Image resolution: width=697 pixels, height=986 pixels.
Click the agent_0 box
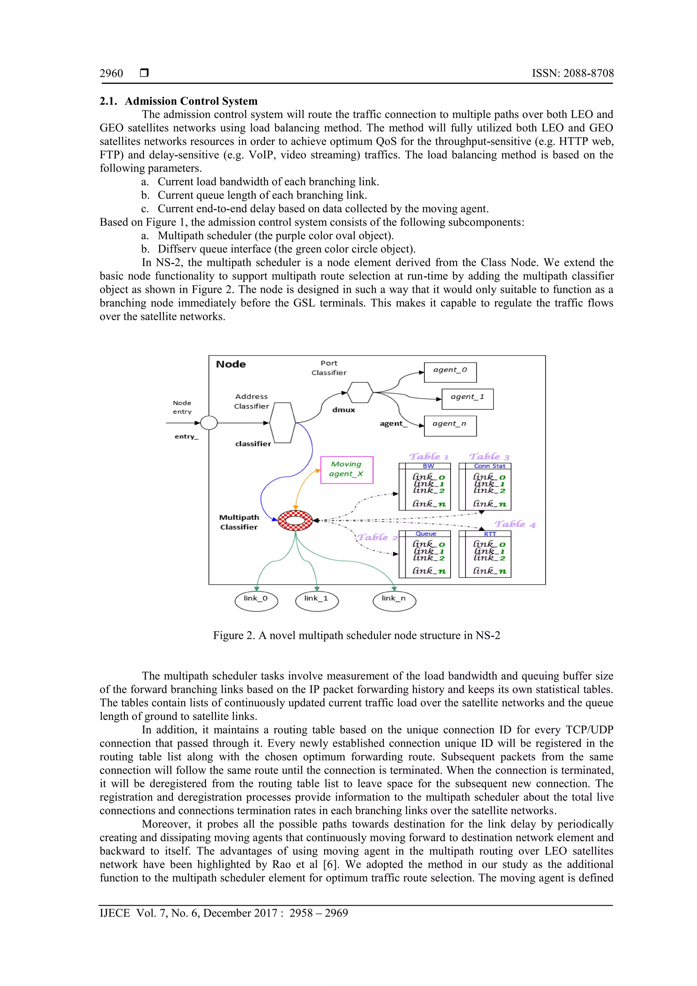pos(450,372)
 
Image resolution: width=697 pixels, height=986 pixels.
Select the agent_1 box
pos(467,399)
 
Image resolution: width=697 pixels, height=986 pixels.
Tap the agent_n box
pos(450,425)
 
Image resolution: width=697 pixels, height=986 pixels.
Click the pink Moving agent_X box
pos(346,469)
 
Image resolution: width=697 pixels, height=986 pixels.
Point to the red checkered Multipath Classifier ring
pos(295,520)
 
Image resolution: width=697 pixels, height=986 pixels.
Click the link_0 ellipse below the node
pos(256,600)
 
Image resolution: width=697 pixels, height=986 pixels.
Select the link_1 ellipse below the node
pos(317,600)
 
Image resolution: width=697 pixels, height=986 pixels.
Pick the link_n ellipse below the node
pos(394,600)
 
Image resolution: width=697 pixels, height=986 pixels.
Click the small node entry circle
pos(209,423)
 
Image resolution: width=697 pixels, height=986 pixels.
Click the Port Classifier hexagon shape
pos(359,392)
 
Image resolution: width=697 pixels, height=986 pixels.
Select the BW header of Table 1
pos(428,466)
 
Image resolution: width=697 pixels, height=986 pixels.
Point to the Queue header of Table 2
pos(426,533)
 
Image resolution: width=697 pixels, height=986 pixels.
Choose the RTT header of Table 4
pos(490,534)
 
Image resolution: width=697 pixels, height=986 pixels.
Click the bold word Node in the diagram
pos(231,364)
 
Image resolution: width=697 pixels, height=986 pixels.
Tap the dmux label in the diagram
pos(343,410)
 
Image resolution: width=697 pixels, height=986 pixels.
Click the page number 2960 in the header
pos(111,74)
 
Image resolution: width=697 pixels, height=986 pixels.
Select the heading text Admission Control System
pos(191,101)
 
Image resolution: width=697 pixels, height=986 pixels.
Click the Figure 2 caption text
pos(356,635)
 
